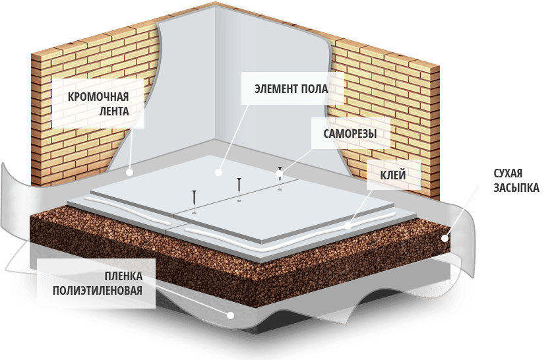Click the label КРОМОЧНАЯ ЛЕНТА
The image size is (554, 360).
[98, 104]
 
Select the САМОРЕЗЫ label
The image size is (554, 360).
[350, 134]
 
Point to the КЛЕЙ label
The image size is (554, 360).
[392, 175]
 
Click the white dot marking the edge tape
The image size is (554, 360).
[130, 172]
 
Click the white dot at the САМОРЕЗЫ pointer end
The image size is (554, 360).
[279, 174]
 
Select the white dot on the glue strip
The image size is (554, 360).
[348, 226]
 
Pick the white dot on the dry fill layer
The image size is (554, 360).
[446, 239]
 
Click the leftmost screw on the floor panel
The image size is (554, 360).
[195, 198]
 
